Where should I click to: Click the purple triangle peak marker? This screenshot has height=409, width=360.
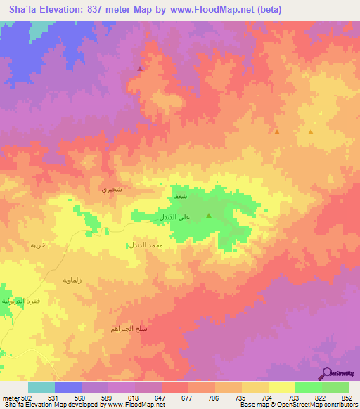pyautogui.click(x=140, y=69)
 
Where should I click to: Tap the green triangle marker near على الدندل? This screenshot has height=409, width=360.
pyautogui.click(x=209, y=216)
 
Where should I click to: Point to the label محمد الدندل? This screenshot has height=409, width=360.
pyautogui.click(x=146, y=245)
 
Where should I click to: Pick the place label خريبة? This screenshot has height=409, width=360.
pyautogui.click(x=37, y=245)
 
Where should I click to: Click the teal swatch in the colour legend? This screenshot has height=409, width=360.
pyautogui.click(x=41, y=387)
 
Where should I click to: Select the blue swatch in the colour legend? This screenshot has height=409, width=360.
pyautogui.click(x=67, y=387)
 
